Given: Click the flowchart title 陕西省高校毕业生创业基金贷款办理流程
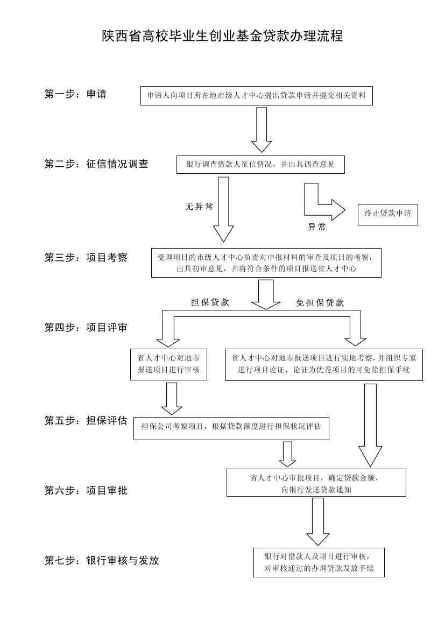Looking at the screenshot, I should pyautogui.click(x=222, y=37).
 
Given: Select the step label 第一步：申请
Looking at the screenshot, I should pyautogui.click(x=75, y=94).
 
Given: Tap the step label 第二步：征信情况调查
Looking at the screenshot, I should pyautogui.click(x=96, y=164).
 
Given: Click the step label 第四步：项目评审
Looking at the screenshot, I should pyautogui.click(x=86, y=327).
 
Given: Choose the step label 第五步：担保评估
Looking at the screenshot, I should pyautogui.click(x=86, y=421).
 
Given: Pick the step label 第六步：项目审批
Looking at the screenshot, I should pyautogui.click(x=86, y=490).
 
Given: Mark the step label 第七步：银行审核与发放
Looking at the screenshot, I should pyautogui.click(x=102, y=560).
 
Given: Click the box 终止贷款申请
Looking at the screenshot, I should pyautogui.click(x=387, y=214).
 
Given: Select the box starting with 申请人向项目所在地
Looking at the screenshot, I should pyautogui.click(x=256, y=96).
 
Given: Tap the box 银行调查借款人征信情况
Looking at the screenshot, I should pyautogui.click(x=260, y=165).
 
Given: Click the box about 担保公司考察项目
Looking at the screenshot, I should pyautogui.click(x=231, y=427).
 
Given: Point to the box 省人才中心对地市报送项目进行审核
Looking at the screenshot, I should pyautogui.click(x=168, y=364).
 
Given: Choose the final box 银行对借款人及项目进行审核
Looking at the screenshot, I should pyautogui.click(x=319, y=562).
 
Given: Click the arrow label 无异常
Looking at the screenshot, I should pyautogui.click(x=199, y=207).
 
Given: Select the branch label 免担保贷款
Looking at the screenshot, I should pyautogui.click(x=320, y=303).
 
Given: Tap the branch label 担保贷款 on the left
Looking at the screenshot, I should pyautogui.click(x=210, y=302).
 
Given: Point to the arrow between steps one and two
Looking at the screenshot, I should pyautogui.click(x=262, y=130).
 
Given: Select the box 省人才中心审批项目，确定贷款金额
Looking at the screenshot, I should pyautogui.click(x=316, y=483).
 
